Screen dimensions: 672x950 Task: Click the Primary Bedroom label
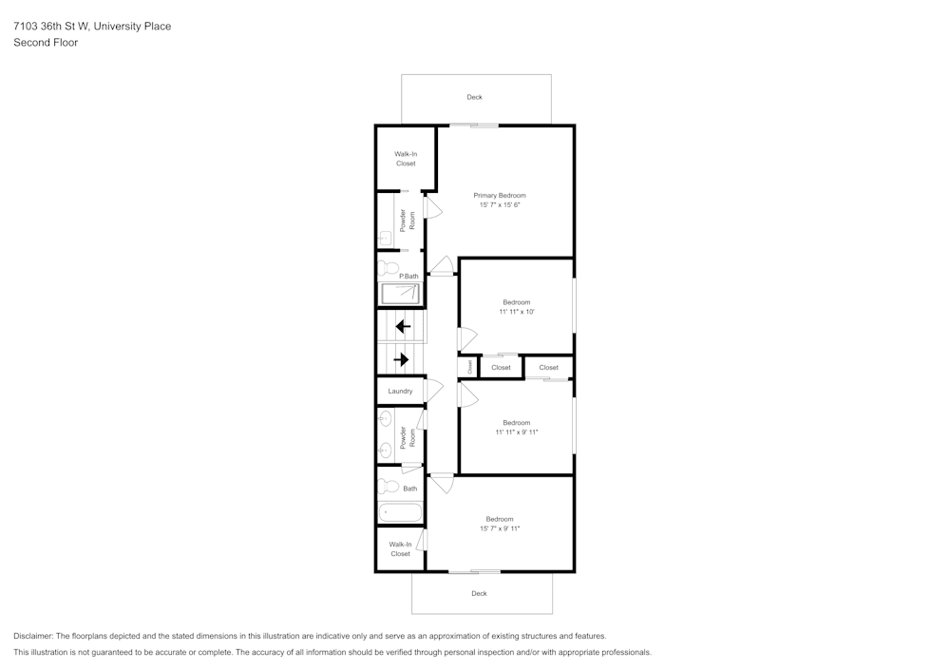[499, 195]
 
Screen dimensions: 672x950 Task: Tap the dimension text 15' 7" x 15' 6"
[499, 205]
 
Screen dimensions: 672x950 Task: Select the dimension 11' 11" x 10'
[516, 312]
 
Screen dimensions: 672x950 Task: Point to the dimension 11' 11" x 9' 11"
[516, 432]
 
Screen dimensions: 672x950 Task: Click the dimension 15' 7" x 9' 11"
[499, 528]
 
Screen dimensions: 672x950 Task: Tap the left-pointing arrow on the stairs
[403, 326]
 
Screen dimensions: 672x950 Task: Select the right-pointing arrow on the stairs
[401, 359]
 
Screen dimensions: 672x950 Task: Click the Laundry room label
[400, 391]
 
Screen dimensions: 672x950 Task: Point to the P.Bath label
[408, 276]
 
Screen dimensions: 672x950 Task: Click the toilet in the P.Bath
[388, 268]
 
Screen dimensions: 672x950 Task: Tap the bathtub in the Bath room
[400, 513]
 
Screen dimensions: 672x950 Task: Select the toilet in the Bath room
[388, 487]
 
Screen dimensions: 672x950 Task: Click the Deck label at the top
[474, 97]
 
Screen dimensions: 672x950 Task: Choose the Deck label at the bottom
[479, 593]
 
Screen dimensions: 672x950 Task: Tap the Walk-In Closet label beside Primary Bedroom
[406, 159]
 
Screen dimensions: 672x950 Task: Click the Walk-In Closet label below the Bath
[400, 549]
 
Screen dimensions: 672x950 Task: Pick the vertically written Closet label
[469, 366]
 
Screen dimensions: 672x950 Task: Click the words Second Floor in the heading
[46, 43]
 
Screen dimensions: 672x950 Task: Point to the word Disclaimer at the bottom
[33, 636]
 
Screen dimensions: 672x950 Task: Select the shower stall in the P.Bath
[400, 294]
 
